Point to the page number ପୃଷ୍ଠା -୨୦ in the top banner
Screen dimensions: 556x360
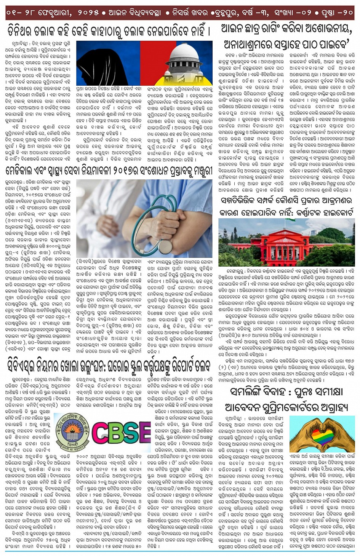[336, 13]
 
